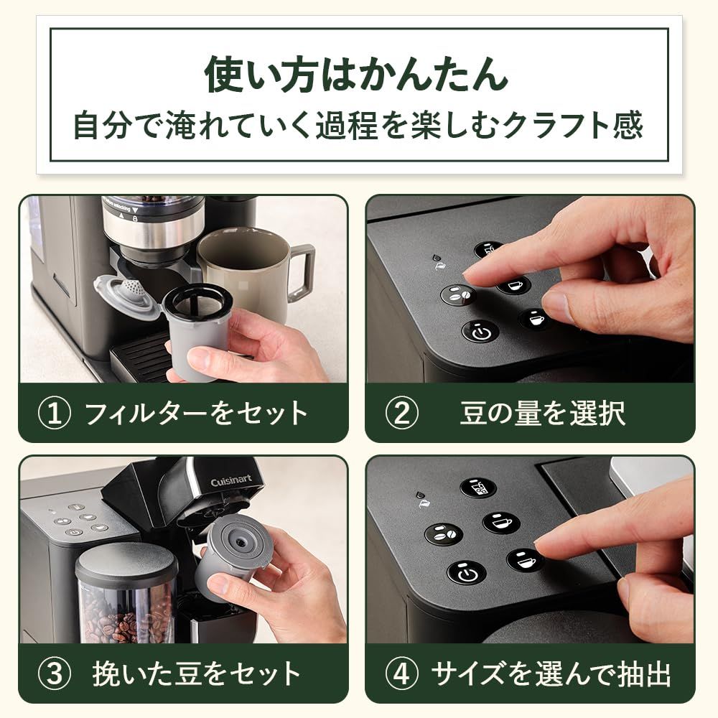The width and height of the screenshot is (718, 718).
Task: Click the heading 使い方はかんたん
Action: (x=357, y=74)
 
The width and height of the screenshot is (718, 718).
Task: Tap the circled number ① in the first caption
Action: (x=55, y=414)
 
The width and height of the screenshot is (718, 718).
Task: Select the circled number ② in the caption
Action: (x=402, y=414)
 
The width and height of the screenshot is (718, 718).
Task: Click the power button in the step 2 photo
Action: (x=480, y=332)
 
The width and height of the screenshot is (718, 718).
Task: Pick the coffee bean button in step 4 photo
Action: (x=443, y=534)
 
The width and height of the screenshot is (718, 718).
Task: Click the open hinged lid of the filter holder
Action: (x=127, y=295)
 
